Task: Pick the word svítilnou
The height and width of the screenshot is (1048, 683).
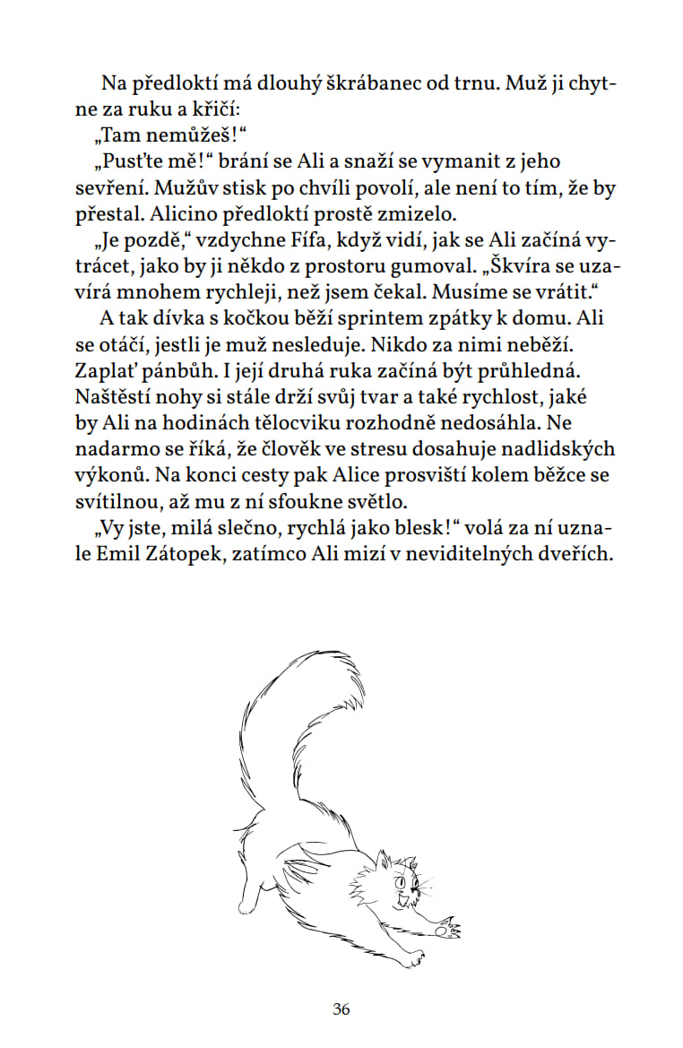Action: (x=126, y=500)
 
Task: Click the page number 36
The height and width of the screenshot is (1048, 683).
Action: (x=341, y=1009)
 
